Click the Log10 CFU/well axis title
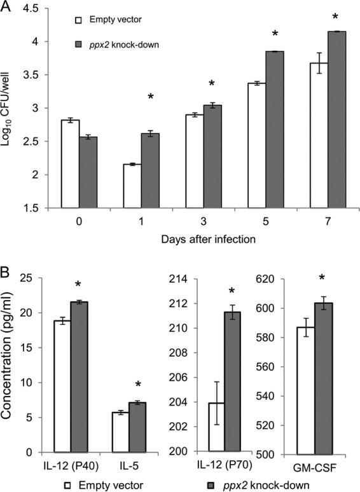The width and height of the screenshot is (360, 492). click(x=11, y=108)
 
